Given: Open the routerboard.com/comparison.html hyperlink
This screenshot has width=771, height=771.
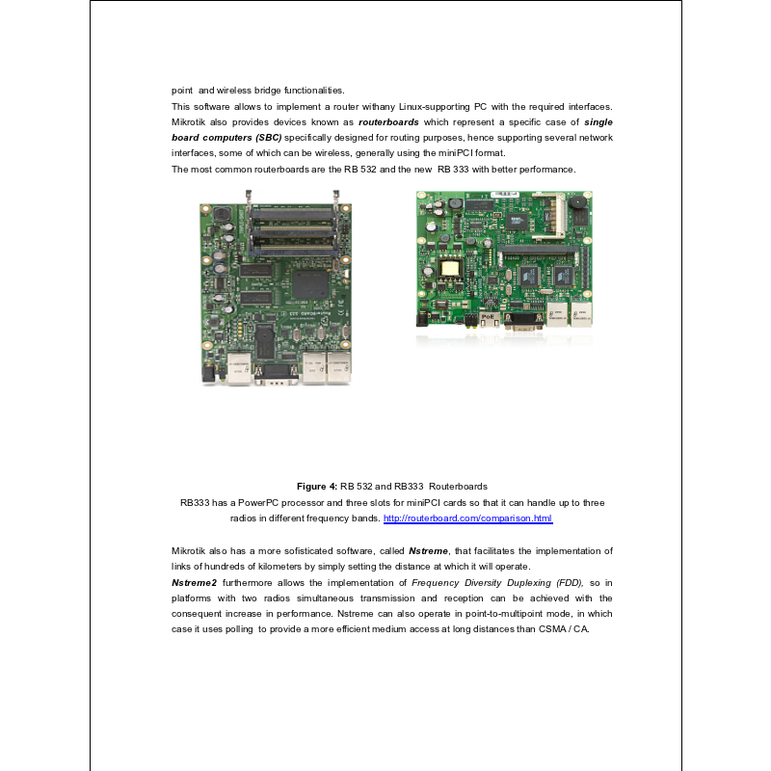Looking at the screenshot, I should pyautogui.click(x=467, y=518).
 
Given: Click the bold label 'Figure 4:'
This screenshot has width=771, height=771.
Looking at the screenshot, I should pyautogui.click(x=317, y=486).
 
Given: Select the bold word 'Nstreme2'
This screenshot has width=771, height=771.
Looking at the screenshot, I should pyautogui.click(x=194, y=582).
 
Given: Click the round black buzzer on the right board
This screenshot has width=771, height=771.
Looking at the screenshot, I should pyautogui.click(x=575, y=205).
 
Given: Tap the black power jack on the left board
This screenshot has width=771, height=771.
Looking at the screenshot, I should pyautogui.click(x=206, y=371).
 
